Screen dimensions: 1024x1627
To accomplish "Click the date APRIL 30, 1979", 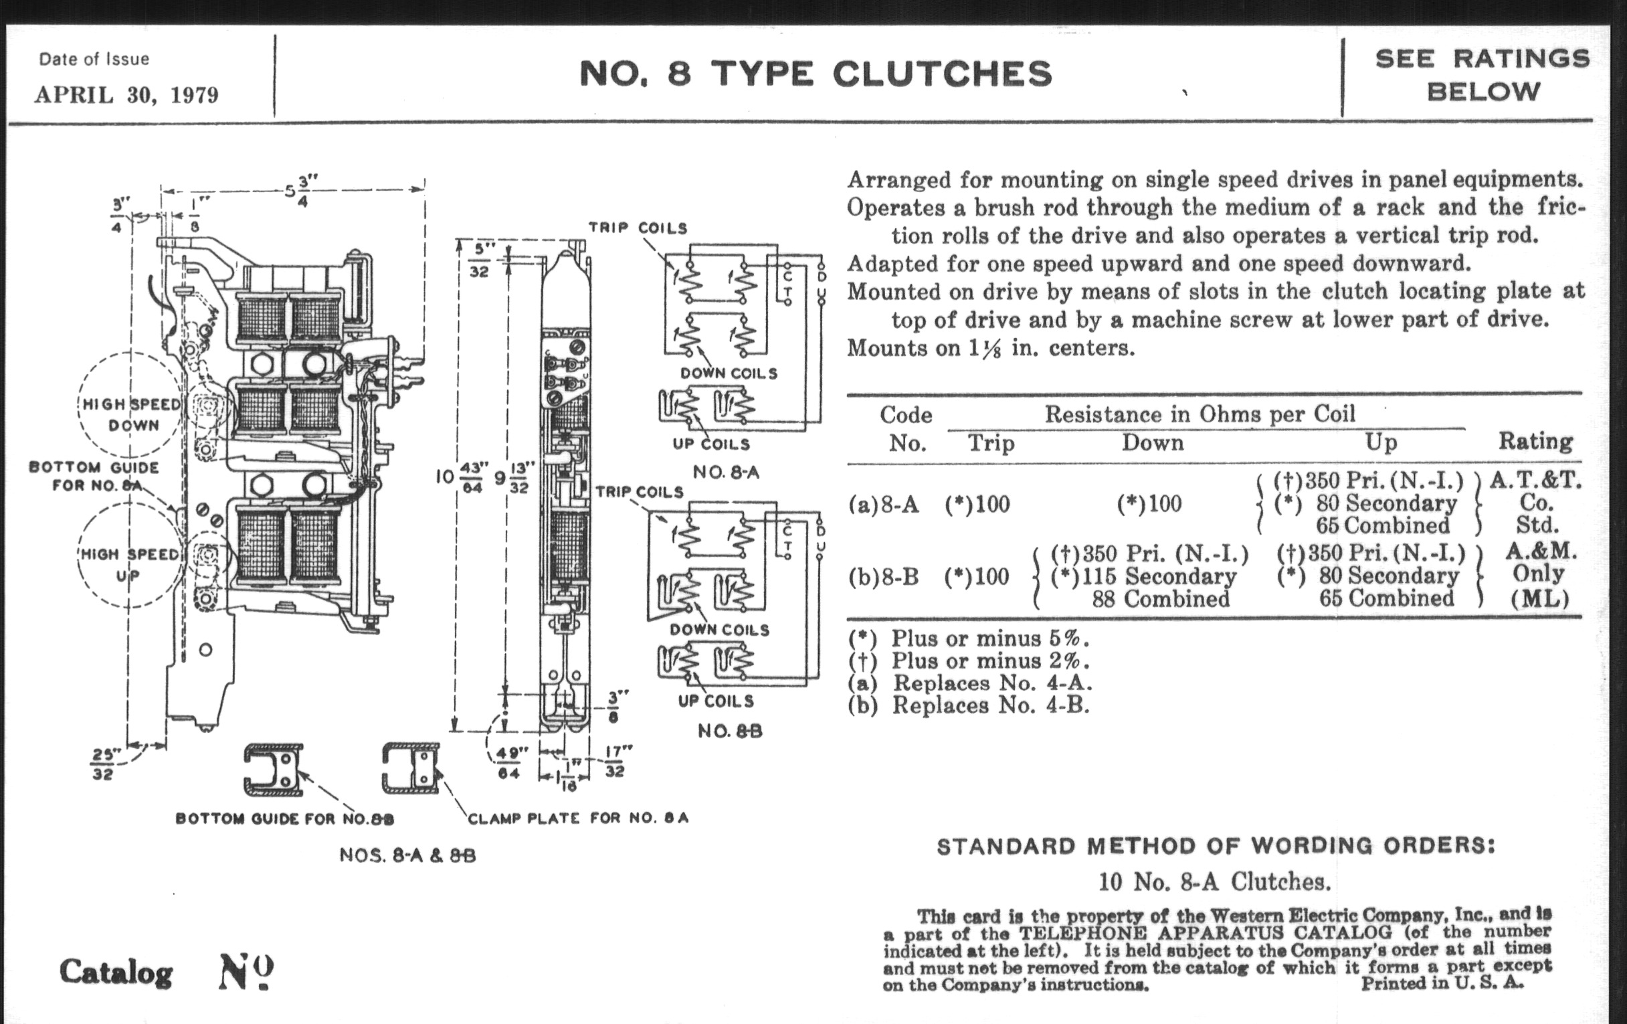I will [x=127, y=94].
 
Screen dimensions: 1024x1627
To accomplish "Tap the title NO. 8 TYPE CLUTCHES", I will [x=816, y=74].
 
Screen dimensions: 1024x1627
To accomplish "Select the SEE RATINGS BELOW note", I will [x=1482, y=75].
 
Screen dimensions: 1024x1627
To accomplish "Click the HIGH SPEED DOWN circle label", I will [x=132, y=414].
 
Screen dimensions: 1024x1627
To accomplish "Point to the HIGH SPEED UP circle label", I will [x=129, y=564].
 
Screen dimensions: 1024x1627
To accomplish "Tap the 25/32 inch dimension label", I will [x=103, y=763].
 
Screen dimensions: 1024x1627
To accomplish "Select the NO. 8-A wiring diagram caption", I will [x=726, y=473].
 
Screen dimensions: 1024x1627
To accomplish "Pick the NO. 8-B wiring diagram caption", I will [x=729, y=731].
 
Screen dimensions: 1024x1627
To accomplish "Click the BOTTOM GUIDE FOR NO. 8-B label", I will [x=284, y=819].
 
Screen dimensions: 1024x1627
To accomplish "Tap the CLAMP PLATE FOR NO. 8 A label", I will [x=579, y=819].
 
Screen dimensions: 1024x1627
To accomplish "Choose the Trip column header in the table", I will [x=991, y=443].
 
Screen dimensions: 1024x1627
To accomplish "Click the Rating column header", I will [x=1535, y=441].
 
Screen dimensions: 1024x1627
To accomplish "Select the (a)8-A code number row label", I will [x=884, y=504].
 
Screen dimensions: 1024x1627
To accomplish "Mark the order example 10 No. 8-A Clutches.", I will [x=1214, y=881].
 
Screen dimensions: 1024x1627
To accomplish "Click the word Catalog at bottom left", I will [x=116, y=972].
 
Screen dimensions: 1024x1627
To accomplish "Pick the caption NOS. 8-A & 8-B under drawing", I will [x=407, y=856].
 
